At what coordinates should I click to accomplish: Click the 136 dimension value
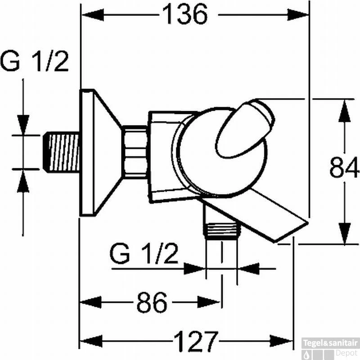tap(185, 14)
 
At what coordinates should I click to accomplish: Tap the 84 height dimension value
tap(344, 167)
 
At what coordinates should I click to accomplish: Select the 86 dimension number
tap(152, 302)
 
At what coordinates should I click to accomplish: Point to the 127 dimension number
tap(196, 342)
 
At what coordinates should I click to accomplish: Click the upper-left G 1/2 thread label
tap(35, 61)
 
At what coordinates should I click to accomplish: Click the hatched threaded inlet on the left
tap(61, 152)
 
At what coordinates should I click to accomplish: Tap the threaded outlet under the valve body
tap(222, 229)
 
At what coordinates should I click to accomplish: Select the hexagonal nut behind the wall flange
tap(134, 152)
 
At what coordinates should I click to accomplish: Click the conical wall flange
tap(100, 153)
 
